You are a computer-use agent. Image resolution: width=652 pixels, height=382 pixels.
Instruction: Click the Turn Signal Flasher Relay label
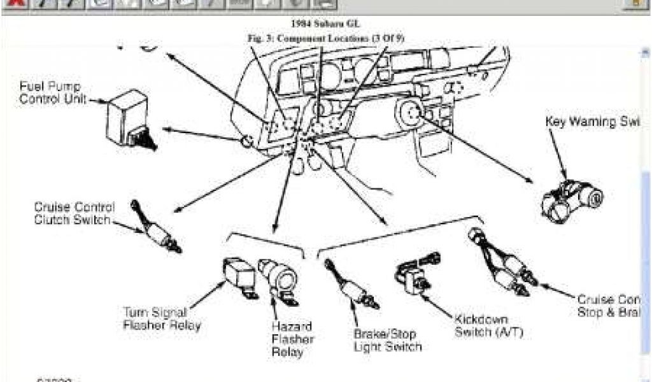(162, 318)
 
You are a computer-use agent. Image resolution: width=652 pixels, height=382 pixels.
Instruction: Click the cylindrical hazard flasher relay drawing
(278, 274)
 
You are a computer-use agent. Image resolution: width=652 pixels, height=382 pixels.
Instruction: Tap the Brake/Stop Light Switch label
(386, 339)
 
